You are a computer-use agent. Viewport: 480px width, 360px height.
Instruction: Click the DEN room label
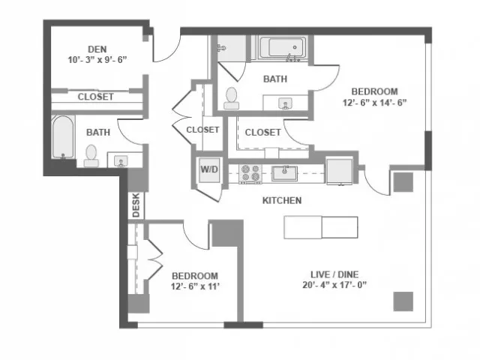(x=97, y=49)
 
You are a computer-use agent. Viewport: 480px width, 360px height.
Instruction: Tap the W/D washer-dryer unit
(x=209, y=170)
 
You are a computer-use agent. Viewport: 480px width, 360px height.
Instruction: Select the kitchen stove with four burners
(x=250, y=174)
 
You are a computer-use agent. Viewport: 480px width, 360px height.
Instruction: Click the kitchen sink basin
(x=285, y=173)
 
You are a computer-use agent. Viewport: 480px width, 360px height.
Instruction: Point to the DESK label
(x=136, y=205)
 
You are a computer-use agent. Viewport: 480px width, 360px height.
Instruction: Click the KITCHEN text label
(x=282, y=200)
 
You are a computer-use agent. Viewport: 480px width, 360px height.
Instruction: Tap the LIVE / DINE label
(x=334, y=274)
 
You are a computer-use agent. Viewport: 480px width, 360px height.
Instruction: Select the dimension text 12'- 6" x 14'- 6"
(x=374, y=103)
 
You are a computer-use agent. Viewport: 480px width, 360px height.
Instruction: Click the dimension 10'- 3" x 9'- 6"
(x=97, y=60)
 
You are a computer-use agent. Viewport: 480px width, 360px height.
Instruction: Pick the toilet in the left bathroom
(x=91, y=156)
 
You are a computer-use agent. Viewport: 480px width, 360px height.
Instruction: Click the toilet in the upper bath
(x=232, y=98)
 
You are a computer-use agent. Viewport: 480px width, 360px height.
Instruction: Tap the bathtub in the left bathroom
(x=63, y=136)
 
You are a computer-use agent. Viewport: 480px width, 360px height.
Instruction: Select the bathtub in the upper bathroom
(x=282, y=47)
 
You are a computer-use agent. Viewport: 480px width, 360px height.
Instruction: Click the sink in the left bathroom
(x=121, y=160)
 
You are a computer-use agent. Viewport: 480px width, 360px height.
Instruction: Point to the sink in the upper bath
(x=285, y=103)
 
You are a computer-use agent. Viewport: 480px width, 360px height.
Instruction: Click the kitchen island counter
(x=321, y=227)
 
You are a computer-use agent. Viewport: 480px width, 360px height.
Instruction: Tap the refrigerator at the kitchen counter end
(x=339, y=171)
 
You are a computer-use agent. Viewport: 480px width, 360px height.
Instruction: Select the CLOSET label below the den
(x=95, y=97)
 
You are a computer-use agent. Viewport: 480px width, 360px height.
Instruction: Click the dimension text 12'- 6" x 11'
(x=195, y=286)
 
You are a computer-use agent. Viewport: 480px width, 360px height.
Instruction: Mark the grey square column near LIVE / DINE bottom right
(x=403, y=301)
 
